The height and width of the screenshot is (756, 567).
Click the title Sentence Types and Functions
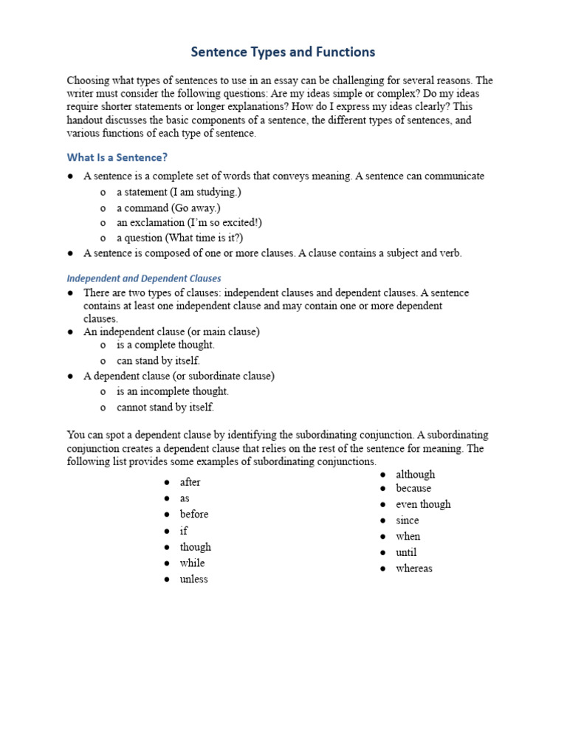283,52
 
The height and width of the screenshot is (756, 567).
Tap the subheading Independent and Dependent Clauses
144,278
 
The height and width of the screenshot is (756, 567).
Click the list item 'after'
190,482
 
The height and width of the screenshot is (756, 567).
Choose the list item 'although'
415,474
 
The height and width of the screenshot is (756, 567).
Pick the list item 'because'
413,488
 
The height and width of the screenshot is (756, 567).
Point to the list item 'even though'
423,504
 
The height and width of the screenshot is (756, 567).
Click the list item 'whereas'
414,568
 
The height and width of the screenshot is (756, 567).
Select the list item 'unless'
193,579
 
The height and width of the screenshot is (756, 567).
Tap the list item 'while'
192,563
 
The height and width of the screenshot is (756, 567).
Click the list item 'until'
406,552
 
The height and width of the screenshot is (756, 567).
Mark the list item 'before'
194,514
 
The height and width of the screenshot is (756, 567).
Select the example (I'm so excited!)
215,222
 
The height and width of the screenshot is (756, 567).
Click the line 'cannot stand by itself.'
165,407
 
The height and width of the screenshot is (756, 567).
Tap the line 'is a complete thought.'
165,345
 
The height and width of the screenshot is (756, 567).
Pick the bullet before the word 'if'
168,531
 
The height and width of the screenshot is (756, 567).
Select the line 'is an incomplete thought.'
173,391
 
